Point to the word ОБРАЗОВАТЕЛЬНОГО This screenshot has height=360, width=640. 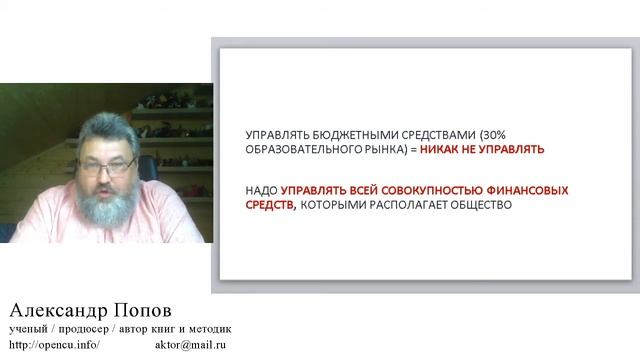(x=295, y=149)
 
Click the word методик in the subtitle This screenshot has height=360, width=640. (x=212, y=328)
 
